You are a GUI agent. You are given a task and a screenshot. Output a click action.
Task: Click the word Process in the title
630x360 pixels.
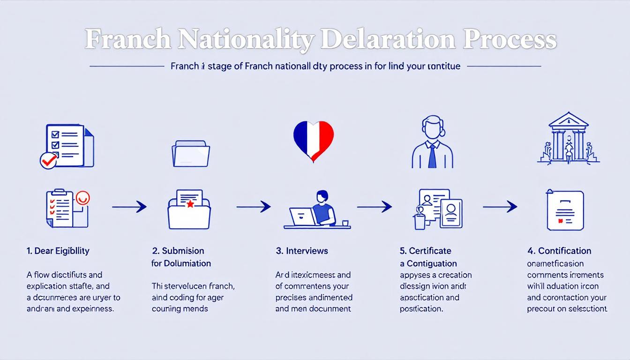click(x=510, y=40)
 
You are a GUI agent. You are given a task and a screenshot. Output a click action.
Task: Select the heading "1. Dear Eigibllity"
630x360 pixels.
click(x=58, y=251)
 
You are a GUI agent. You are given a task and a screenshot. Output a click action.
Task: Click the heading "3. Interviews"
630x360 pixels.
click(x=302, y=251)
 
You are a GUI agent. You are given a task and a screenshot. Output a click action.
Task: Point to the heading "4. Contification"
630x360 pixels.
click(x=559, y=251)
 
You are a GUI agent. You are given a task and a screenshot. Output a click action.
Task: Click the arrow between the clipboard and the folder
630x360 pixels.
click(x=129, y=206)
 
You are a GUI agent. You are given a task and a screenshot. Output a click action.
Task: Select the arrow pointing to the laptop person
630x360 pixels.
click(x=254, y=206)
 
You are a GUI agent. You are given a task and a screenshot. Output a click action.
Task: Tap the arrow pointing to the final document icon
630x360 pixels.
click(x=500, y=206)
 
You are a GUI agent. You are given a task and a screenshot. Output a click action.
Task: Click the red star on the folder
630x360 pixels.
click(x=190, y=204)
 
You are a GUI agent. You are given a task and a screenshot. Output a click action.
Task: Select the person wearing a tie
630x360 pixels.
click(x=432, y=143)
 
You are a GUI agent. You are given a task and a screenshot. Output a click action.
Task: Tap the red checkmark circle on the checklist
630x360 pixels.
click(x=48, y=161)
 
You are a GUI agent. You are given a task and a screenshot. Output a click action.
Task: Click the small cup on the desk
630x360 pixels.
click(x=345, y=223)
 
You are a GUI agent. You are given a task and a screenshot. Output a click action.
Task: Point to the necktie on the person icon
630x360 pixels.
click(x=432, y=156)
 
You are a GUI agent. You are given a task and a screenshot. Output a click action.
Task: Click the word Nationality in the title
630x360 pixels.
click(x=246, y=40)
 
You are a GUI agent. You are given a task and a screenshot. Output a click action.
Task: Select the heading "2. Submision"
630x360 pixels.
click(x=178, y=251)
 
